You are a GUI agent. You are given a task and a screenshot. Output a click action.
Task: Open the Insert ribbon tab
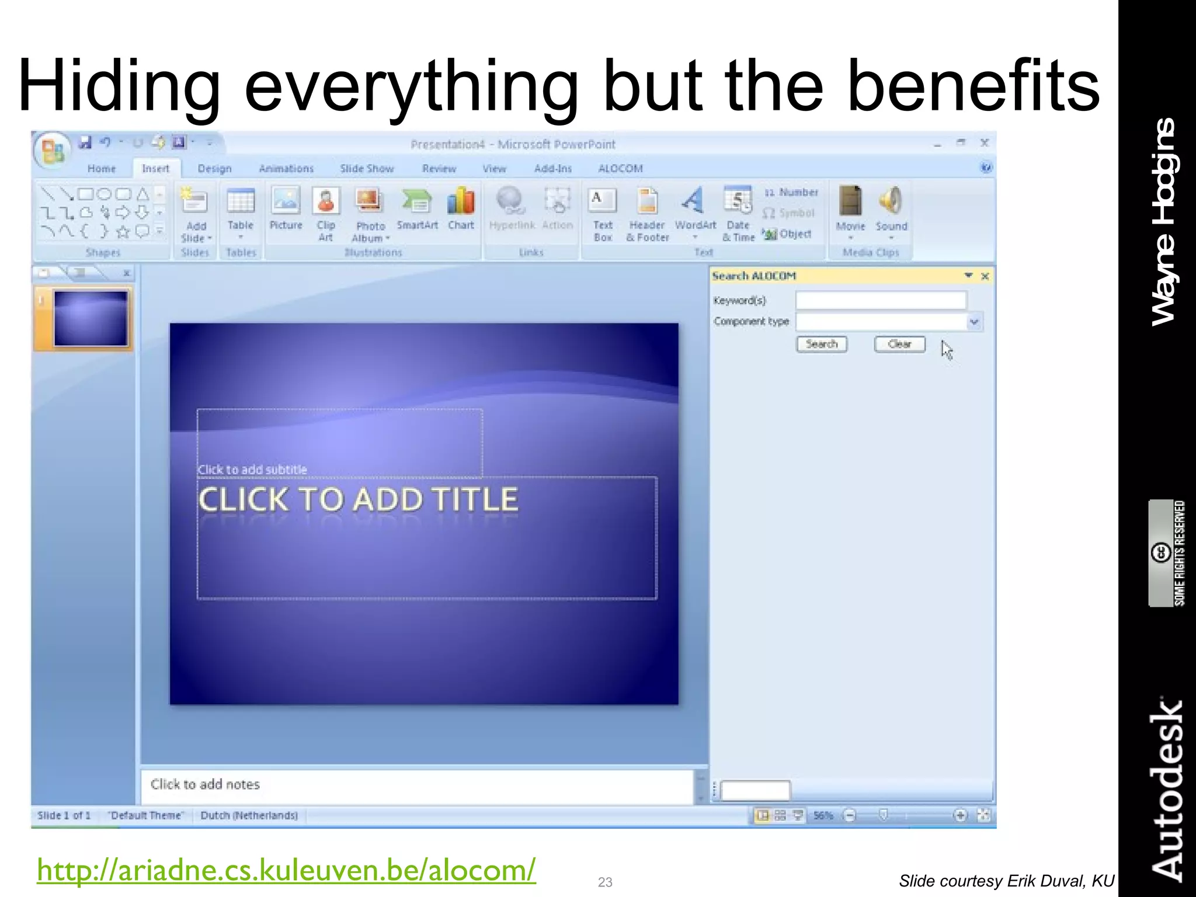tap(155, 169)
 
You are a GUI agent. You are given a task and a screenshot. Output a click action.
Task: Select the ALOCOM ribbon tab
tap(620, 169)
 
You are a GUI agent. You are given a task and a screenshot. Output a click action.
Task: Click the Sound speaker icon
tap(891, 201)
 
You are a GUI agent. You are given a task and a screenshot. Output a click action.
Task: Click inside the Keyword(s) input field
tap(881, 301)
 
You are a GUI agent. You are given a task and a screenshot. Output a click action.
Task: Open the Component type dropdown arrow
tap(974, 322)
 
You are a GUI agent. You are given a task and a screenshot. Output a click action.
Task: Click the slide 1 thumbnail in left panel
tap(91, 319)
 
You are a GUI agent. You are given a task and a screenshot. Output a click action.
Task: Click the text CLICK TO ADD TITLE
tap(358, 500)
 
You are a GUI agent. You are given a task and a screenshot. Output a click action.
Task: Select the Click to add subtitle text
tap(252, 470)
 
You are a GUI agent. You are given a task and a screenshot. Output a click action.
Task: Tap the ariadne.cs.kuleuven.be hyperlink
tap(286, 870)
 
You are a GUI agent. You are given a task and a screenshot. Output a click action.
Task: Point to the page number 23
tap(605, 882)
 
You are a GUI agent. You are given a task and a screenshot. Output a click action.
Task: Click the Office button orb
tap(52, 150)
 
